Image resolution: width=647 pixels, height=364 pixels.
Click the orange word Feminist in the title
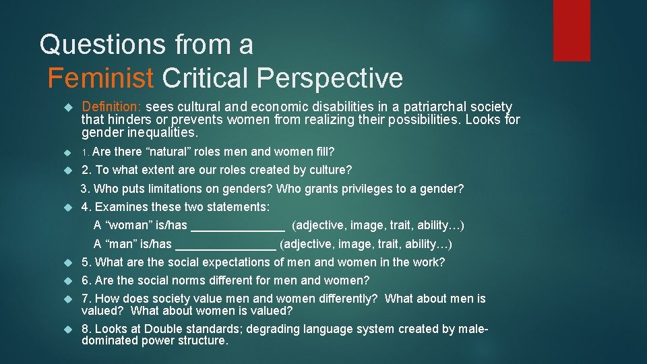coord(100,78)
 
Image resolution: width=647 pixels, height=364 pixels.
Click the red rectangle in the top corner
coord(571,30)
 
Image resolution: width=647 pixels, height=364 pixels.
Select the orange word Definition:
coord(112,107)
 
